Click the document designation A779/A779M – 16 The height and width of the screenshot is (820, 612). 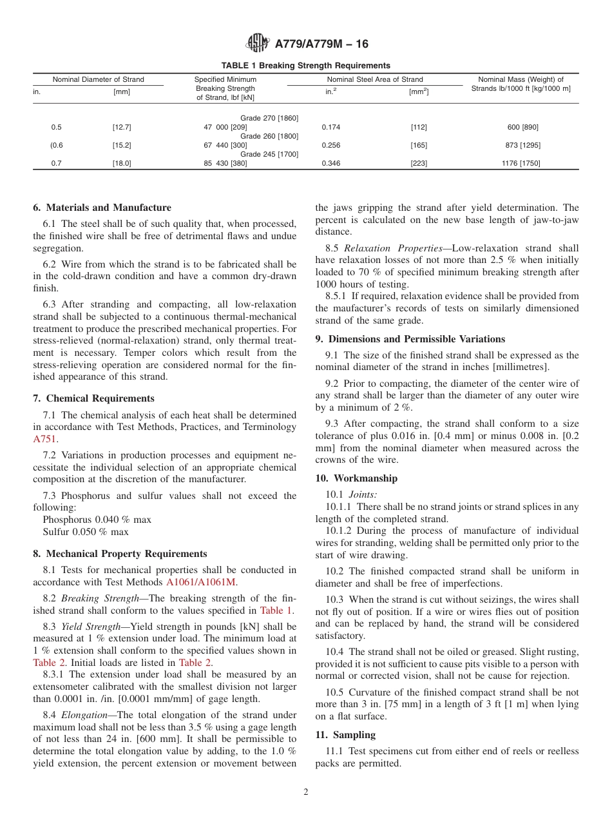click(x=321, y=44)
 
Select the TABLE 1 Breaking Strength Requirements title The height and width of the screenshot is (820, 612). click(x=305, y=66)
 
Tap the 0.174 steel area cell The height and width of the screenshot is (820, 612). click(x=331, y=128)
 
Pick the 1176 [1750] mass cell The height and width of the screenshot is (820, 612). click(x=521, y=164)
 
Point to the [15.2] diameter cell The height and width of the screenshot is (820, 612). click(x=122, y=146)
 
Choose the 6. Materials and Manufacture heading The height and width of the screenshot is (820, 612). click(x=102, y=208)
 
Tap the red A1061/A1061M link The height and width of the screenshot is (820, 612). click(x=201, y=582)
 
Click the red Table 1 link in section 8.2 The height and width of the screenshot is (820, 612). click(x=276, y=610)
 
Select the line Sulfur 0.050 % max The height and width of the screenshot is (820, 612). click(x=85, y=532)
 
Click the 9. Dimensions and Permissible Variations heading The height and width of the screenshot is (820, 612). click(x=410, y=339)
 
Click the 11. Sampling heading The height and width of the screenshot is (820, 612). click(x=345, y=735)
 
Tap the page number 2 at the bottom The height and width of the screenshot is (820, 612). click(x=306, y=792)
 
